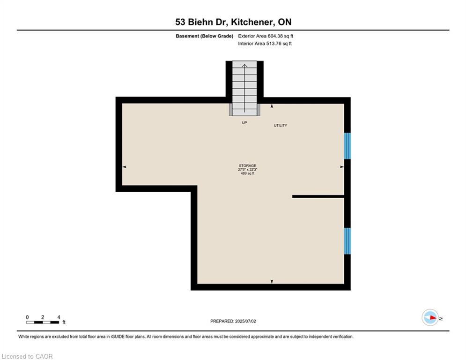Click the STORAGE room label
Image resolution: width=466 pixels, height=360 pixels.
(247, 165)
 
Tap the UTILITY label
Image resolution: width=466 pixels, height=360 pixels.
(280, 126)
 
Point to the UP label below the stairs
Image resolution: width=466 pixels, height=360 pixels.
(244, 123)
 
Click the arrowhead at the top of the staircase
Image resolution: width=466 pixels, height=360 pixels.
(244, 66)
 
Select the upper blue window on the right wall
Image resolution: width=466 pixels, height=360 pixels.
(347, 146)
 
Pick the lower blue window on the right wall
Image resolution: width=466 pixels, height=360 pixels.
(347, 241)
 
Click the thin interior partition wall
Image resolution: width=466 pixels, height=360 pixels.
(318, 196)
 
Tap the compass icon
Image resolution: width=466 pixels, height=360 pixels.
(430, 317)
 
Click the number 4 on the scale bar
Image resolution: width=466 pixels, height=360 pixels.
(59, 317)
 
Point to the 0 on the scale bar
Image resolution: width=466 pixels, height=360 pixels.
(27, 317)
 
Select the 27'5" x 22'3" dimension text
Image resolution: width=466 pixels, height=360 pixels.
(247, 169)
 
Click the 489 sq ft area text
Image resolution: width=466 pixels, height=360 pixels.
(247, 173)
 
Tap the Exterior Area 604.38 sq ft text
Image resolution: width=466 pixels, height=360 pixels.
(266, 36)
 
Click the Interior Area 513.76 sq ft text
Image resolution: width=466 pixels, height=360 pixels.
(265, 44)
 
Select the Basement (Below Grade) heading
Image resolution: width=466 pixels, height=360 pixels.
(205, 36)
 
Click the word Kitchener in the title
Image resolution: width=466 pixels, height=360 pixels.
(251, 22)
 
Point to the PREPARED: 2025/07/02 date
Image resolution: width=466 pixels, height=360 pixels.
(233, 321)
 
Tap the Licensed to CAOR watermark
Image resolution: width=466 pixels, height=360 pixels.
(27, 356)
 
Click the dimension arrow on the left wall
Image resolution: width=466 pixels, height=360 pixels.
(124, 166)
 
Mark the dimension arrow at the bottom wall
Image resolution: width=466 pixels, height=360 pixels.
(272, 281)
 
